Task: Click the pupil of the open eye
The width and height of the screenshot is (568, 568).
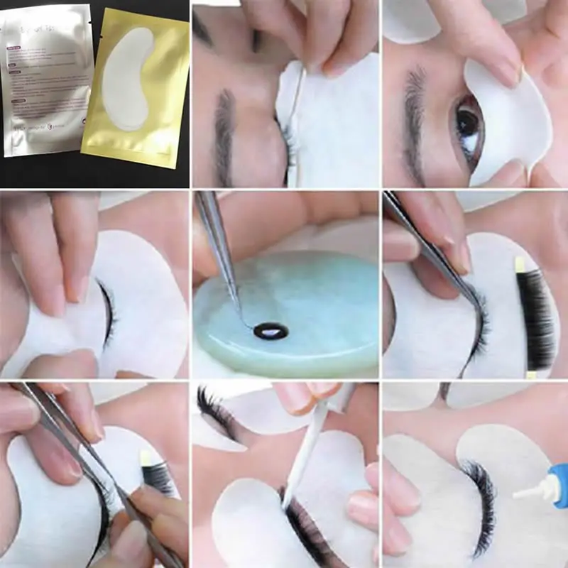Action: tap(466, 123)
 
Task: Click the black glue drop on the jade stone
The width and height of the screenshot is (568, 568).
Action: tap(270, 329)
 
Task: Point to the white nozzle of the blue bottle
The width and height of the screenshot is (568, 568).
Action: tap(529, 491)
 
